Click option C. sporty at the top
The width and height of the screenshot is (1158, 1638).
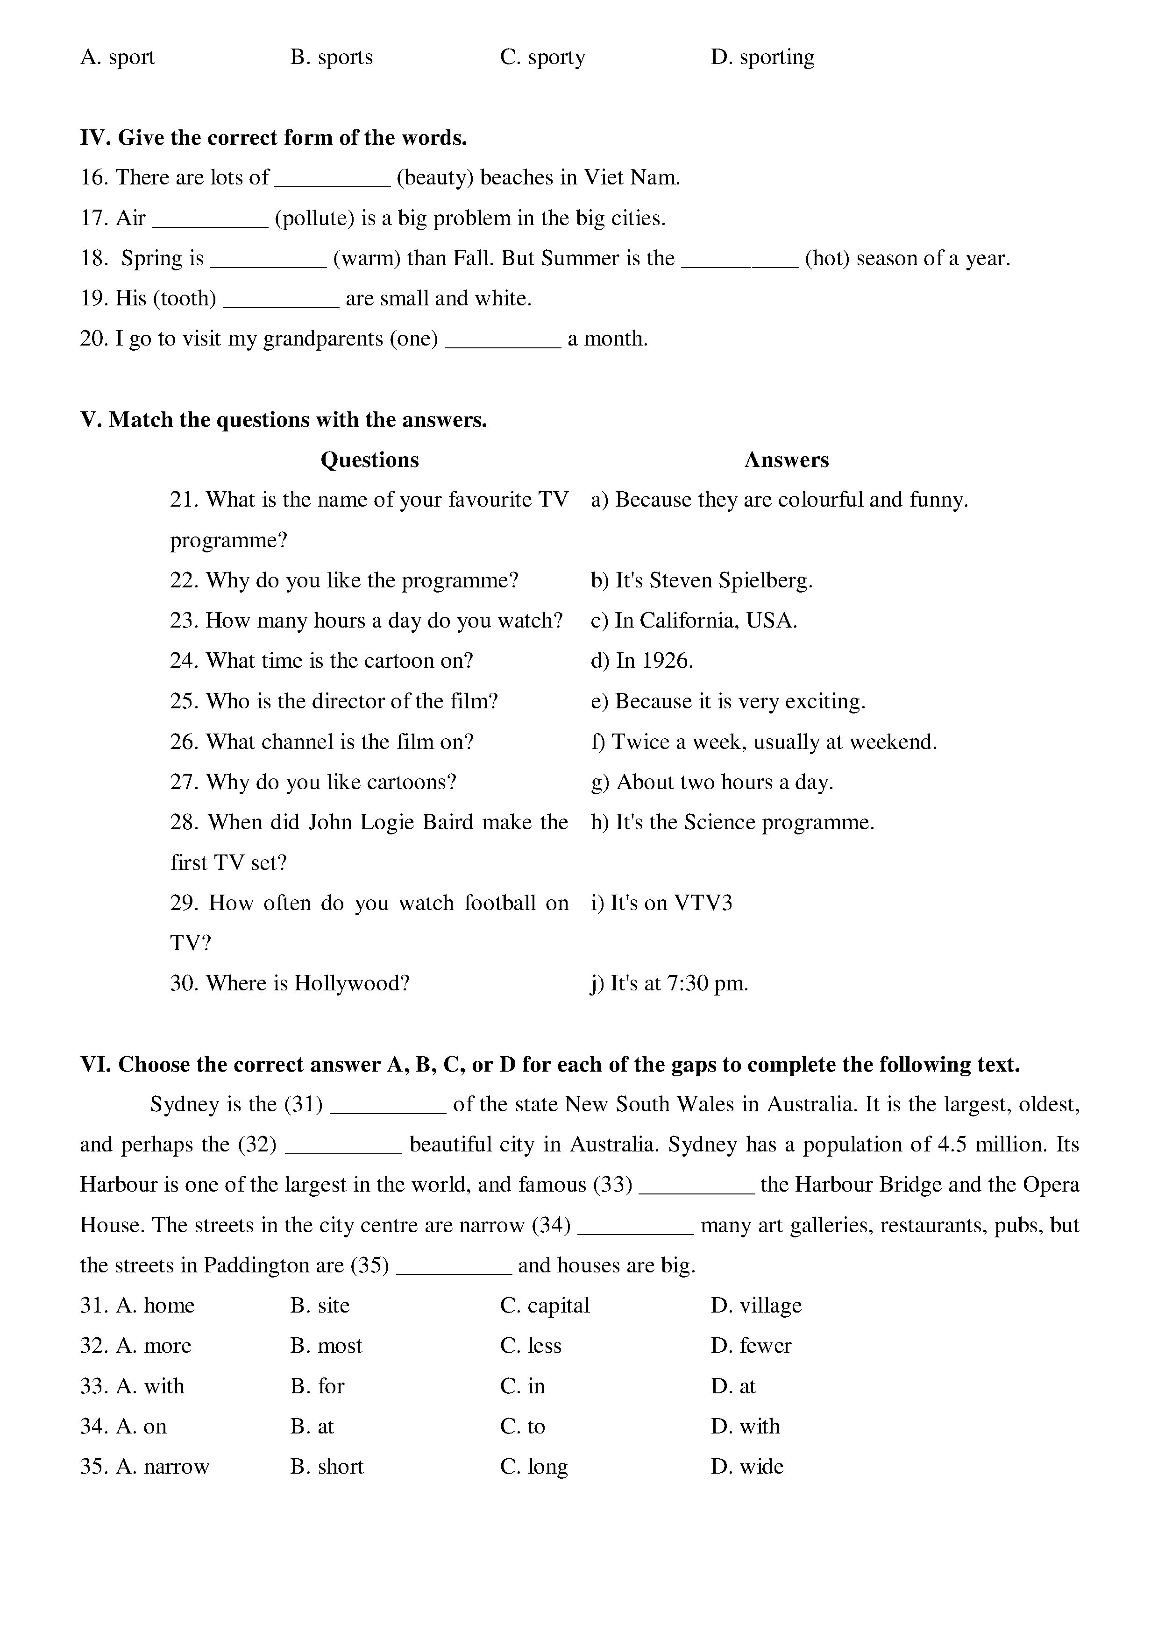543,57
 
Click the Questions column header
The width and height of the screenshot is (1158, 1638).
369,460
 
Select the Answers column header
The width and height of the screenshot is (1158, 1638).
786,460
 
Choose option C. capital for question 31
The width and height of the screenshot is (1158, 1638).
545,1306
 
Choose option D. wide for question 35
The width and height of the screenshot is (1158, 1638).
747,1467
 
